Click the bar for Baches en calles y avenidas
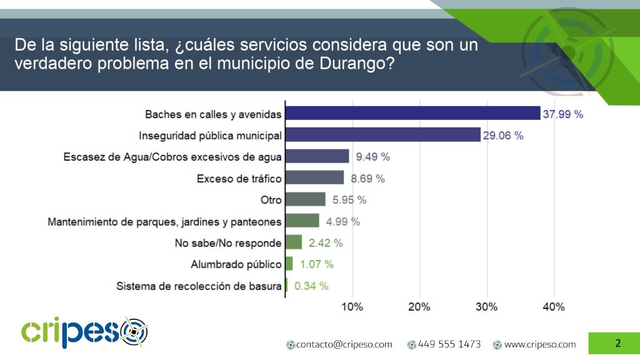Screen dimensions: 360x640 click(x=412, y=113)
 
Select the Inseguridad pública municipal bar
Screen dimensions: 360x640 click(x=382, y=134)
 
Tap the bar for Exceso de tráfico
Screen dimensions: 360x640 click(x=314, y=178)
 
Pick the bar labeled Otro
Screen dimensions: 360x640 click(x=306, y=199)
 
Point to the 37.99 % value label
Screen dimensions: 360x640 click(x=562, y=114)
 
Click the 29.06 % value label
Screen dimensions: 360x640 click(x=503, y=135)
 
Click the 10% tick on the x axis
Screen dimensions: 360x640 click(x=352, y=307)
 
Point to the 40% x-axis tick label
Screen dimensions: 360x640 click(x=554, y=307)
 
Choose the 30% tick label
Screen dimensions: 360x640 click(x=487, y=307)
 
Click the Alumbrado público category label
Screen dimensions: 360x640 click(x=236, y=264)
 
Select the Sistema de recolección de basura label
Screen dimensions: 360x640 click(x=199, y=286)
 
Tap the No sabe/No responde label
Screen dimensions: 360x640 click(x=228, y=243)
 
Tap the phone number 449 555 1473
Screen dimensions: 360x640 click(x=449, y=344)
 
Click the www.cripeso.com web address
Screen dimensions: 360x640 click(x=539, y=344)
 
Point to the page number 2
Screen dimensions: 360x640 click(x=617, y=343)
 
